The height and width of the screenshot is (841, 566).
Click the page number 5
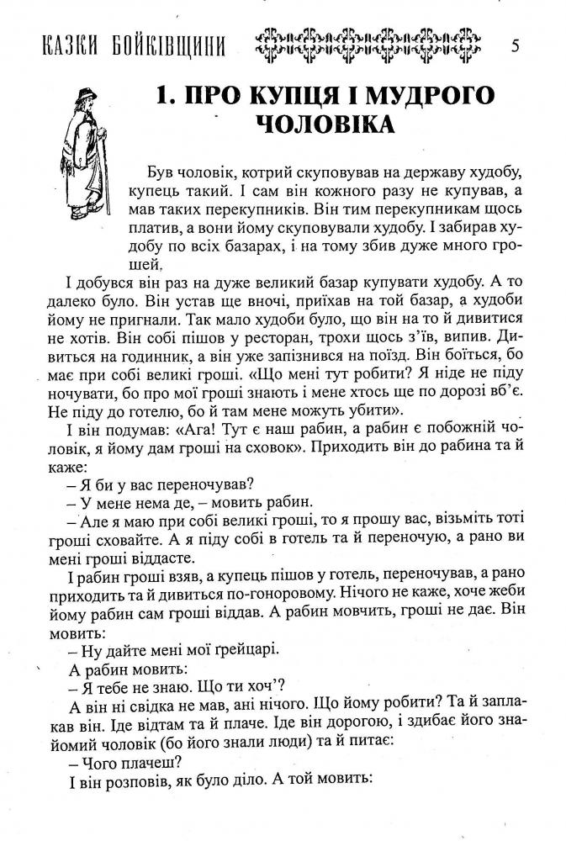(515, 45)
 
